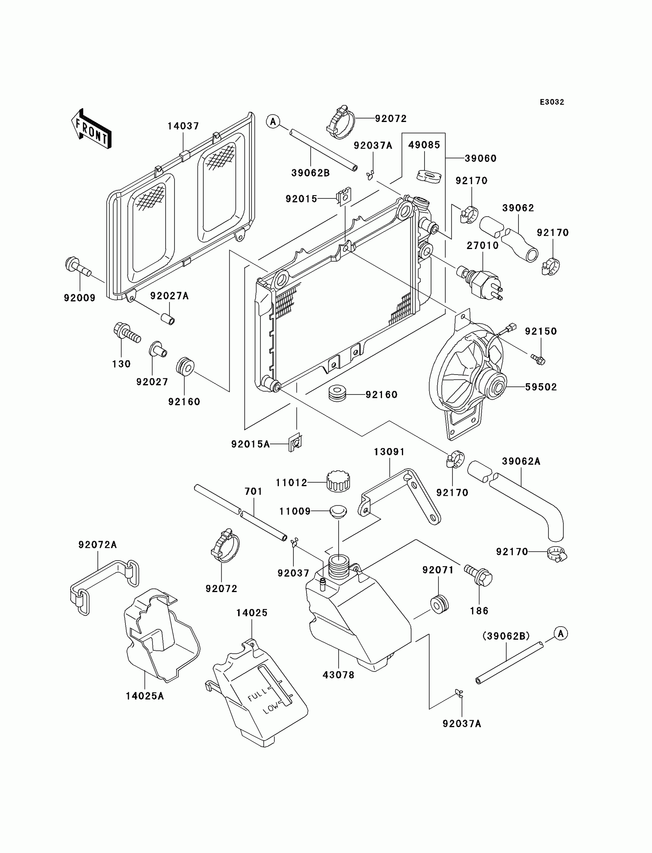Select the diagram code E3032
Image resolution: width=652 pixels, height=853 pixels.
[x=552, y=102]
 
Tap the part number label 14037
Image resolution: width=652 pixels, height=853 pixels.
[x=183, y=126]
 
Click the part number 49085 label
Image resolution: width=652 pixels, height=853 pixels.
[x=424, y=145]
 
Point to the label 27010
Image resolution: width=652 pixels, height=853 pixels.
[x=482, y=245]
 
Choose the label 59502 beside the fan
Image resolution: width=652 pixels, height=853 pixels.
[x=541, y=387]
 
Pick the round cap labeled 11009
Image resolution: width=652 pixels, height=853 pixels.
[x=338, y=511]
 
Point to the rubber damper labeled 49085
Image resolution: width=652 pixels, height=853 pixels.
[x=429, y=175]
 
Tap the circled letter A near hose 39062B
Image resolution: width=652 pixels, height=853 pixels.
[x=273, y=122]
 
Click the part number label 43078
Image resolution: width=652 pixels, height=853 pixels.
[x=338, y=675]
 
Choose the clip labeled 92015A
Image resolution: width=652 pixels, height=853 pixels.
[x=295, y=442]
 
